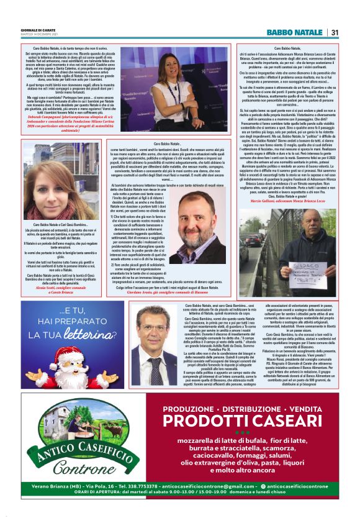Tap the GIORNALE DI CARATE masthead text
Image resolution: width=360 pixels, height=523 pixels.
point(39,30)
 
